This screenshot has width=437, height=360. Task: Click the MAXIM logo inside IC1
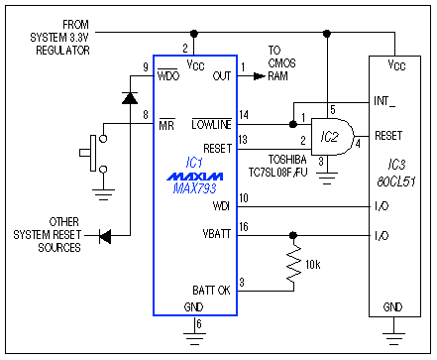(x=193, y=176)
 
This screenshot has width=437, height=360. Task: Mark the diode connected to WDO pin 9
(x=130, y=98)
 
